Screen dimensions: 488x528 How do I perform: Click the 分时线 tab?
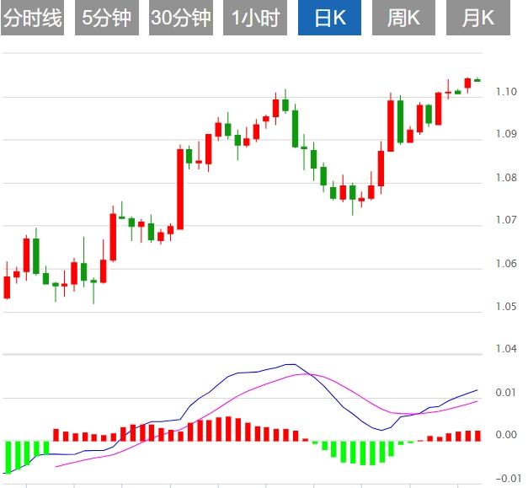pyautogui.click(x=33, y=18)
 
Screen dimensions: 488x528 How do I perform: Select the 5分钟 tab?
pyautogui.click(x=106, y=18)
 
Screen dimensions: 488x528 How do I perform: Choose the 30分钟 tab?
pyautogui.click(x=181, y=18)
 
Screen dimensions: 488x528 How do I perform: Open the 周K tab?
pyautogui.click(x=403, y=18)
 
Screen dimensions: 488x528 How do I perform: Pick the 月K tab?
pyautogui.click(x=477, y=18)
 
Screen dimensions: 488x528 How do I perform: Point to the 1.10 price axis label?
pyautogui.click(x=506, y=91)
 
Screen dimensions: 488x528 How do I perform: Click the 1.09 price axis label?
pyautogui.click(x=506, y=134)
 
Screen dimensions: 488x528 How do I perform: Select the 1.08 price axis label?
pyautogui.click(x=506, y=178)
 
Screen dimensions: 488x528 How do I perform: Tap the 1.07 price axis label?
pyautogui.click(x=506, y=221)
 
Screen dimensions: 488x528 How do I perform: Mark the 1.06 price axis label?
pyautogui.click(x=506, y=264)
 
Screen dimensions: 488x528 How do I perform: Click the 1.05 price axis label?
pyautogui.click(x=506, y=307)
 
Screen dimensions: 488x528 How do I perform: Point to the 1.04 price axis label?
pyautogui.click(x=506, y=349)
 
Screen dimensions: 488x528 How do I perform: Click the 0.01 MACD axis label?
pyautogui.click(x=506, y=393)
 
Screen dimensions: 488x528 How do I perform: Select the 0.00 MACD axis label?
pyautogui.click(x=506, y=435)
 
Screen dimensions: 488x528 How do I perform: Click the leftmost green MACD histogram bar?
pyautogui.click(x=8, y=455)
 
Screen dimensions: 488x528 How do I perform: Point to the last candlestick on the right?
pyautogui.click(x=477, y=80)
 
